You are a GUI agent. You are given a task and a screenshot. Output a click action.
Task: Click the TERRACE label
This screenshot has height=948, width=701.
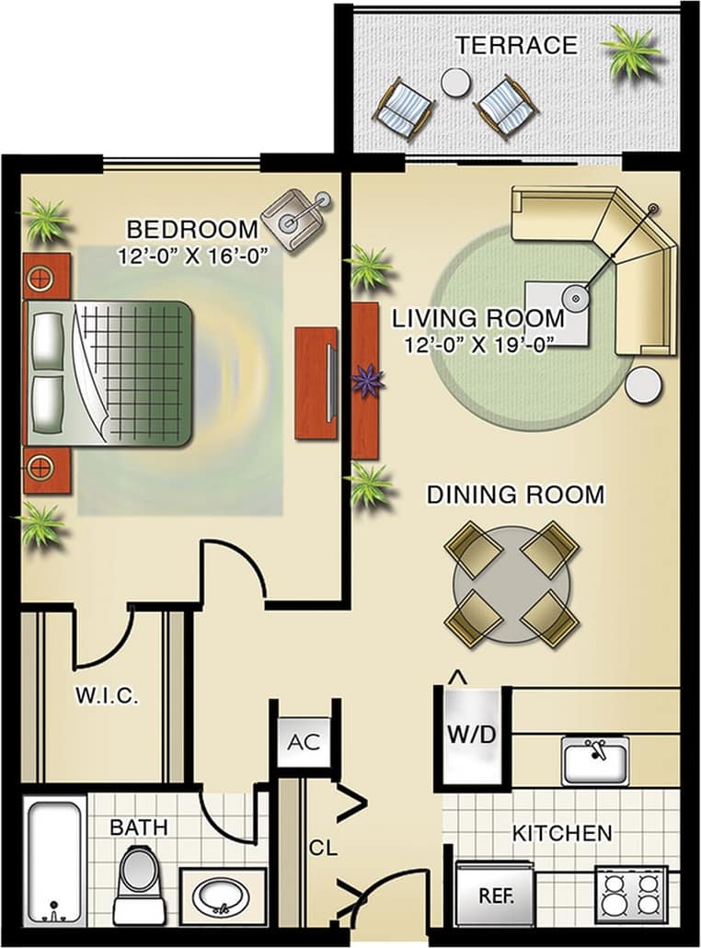(x=516, y=45)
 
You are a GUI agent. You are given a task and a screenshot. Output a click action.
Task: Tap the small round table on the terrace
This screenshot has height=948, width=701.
(x=455, y=83)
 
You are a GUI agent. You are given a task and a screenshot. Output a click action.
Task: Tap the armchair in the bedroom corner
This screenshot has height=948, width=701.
(x=296, y=218)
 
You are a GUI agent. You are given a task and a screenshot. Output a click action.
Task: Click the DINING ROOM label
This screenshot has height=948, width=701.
(x=515, y=495)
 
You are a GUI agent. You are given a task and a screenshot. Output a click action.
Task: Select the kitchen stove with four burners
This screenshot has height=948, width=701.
(x=630, y=893)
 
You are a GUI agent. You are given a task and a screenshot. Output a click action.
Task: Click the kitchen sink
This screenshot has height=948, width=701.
(x=595, y=760)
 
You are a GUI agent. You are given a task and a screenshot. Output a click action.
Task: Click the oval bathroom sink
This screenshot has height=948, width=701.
(x=222, y=895)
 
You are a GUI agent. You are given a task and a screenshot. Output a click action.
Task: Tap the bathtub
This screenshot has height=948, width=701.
(x=54, y=862)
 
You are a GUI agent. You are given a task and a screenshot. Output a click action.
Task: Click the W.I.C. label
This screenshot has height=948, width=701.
(x=107, y=696)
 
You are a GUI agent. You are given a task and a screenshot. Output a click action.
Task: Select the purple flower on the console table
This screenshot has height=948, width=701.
(x=368, y=380)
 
